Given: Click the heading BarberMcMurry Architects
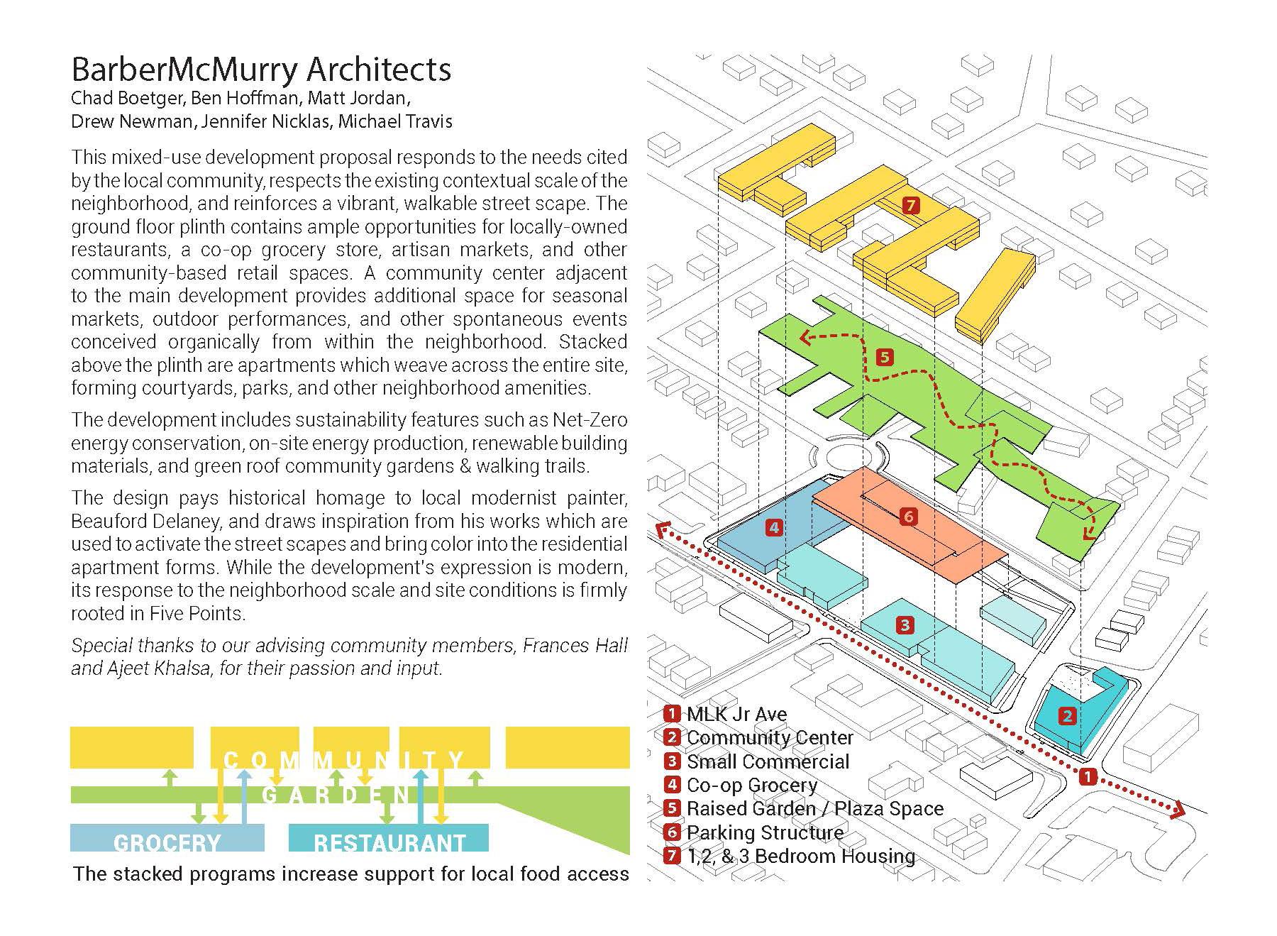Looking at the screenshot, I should (261, 70).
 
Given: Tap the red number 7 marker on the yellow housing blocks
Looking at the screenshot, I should (911, 206).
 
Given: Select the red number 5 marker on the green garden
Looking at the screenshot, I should (884, 357).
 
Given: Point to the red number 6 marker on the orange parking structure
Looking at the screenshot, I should (908, 517).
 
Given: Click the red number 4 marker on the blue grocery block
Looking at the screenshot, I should (774, 527).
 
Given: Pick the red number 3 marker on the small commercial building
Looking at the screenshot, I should (905, 625).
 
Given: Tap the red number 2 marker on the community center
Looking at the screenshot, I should (1067, 716).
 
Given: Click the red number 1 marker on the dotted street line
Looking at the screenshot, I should (1087, 777).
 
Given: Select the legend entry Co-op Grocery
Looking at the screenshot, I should (751, 786).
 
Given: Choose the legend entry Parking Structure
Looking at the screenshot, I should (765, 832).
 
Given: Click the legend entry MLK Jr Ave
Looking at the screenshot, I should (736, 715).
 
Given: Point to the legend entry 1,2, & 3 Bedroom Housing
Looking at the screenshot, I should (800, 856).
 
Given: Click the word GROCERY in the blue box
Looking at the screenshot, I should (167, 842).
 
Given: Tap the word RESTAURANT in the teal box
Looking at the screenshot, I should (389, 842).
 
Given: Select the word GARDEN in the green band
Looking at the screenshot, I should (337, 795).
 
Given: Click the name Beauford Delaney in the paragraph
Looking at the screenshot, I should (147, 522).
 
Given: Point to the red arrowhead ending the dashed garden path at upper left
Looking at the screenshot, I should (805, 338).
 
